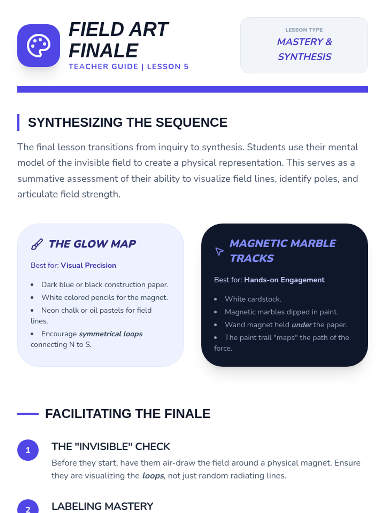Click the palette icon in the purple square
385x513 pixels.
pyautogui.click(x=38, y=46)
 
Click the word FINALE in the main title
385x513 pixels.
pyautogui.click(x=103, y=50)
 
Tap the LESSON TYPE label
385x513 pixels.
pyautogui.click(x=304, y=30)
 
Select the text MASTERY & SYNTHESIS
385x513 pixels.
pyautogui.click(x=304, y=49)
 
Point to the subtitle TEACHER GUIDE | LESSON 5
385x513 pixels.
pyautogui.click(x=129, y=67)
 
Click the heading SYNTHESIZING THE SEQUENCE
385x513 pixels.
pyautogui.click(x=128, y=122)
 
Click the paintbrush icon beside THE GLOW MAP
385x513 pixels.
pyautogui.click(x=37, y=244)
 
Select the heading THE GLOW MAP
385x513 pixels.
pyautogui.click(x=92, y=244)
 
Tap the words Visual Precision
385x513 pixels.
pyautogui.click(x=88, y=265)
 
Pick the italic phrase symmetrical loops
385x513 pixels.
pyautogui.click(x=111, y=334)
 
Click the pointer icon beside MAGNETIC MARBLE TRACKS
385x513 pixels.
pyautogui.click(x=219, y=251)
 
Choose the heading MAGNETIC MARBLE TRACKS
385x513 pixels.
pyautogui.click(x=283, y=251)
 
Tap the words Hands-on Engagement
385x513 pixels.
pyautogui.click(x=284, y=280)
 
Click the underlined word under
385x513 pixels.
pyautogui.click(x=302, y=324)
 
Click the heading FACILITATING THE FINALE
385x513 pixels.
pyautogui.click(x=128, y=414)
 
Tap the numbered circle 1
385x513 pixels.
pyautogui.click(x=28, y=450)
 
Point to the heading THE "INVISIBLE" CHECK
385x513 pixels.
pyautogui.click(x=111, y=446)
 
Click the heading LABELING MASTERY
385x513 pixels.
pyautogui.click(x=102, y=506)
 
